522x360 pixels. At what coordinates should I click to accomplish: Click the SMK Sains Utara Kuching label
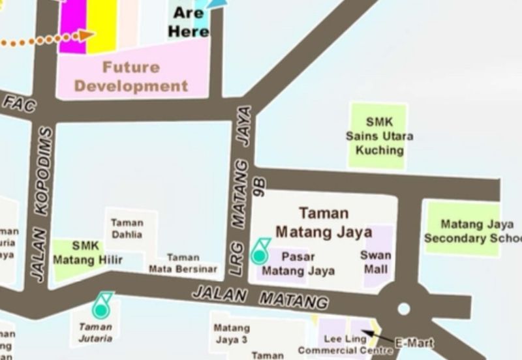click(379, 136)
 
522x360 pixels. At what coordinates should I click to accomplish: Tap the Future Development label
click(131, 76)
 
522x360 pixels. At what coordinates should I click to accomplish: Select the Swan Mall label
click(376, 262)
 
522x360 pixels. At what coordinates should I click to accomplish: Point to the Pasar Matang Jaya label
click(298, 264)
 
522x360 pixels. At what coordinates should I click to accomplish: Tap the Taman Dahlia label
click(127, 228)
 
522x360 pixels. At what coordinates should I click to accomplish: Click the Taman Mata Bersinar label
click(183, 263)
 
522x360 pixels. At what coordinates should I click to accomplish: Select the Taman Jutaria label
click(95, 332)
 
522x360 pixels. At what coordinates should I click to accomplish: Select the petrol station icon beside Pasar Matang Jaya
click(260, 251)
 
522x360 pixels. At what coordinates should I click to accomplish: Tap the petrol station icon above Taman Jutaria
click(101, 305)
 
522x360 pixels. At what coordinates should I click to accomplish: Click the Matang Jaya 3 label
click(231, 333)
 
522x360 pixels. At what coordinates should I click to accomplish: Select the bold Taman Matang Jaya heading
click(323, 222)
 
